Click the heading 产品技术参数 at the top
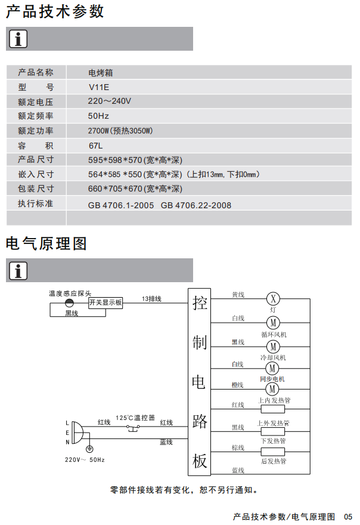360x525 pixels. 55,11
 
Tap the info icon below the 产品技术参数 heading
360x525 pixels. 18,39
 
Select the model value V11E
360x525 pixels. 100,87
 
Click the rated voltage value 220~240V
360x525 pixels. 110,101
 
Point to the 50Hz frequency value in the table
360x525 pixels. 98,116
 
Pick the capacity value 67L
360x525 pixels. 96,145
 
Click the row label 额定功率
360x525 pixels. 36,131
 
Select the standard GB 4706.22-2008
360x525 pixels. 196,205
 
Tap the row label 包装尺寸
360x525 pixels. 36,189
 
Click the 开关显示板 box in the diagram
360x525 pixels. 105,302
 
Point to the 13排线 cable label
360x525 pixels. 151,298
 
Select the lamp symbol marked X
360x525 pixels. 272,298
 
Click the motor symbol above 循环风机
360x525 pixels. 272,322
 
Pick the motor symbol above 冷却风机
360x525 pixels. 272,346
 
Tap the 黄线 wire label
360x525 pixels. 238,295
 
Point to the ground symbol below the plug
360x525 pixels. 89,449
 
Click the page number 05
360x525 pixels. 348,516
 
